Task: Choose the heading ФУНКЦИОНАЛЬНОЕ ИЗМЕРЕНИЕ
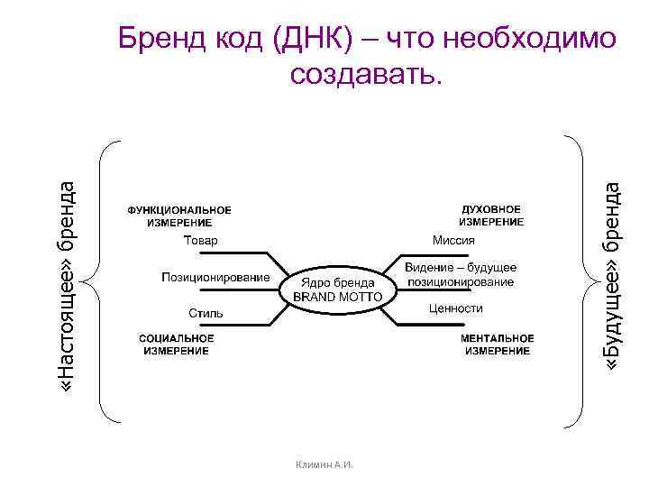[178, 216]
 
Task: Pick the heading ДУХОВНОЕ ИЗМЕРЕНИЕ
[491, 215]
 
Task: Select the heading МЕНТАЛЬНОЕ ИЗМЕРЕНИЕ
[498, 345]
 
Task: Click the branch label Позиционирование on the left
[215, 277]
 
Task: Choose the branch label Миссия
[453, 241]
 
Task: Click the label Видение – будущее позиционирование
[460, 275]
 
